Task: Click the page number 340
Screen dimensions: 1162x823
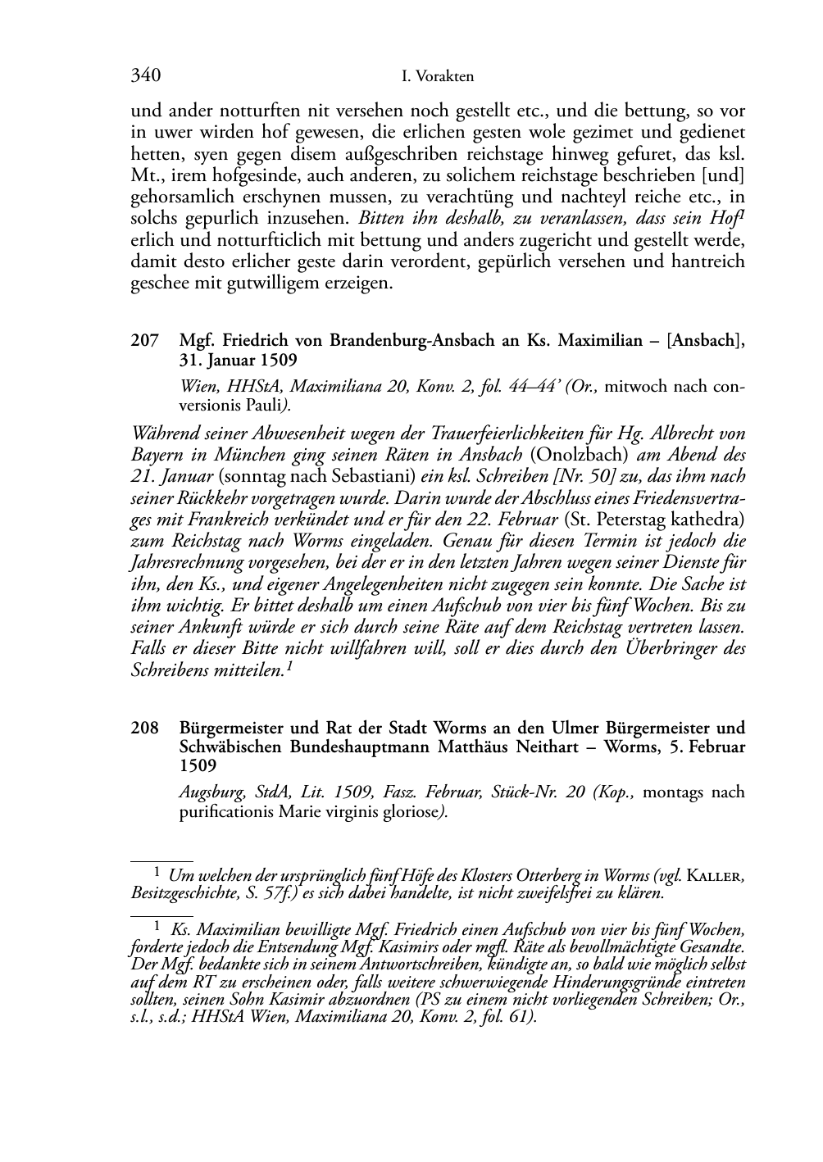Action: click(x=145, y=76)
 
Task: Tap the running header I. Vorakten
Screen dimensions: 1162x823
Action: click(x=439, y=77)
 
